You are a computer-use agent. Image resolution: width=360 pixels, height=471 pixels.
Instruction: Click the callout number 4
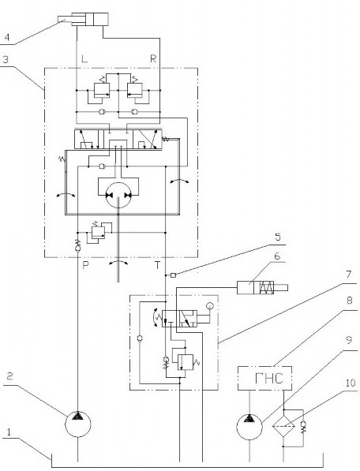tap(7, 37)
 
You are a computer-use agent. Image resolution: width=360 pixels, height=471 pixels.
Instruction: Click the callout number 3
tap(6, 59)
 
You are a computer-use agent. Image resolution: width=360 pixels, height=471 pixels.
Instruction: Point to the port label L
tap(84, 58)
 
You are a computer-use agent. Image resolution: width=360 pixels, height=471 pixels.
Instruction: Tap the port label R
tap(153, 58)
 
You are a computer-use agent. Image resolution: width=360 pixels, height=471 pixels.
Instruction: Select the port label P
tap(85, 265)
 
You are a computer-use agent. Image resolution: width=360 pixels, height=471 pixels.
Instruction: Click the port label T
tap(157, 265)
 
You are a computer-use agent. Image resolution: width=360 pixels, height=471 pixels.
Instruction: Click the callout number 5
tap(278, 237)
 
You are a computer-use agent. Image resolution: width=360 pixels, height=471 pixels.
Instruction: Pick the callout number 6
tap(277, 256)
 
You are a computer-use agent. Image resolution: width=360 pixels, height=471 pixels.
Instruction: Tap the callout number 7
tap(348, 275)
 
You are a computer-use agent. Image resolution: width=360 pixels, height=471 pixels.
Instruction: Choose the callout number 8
tap(349, 301)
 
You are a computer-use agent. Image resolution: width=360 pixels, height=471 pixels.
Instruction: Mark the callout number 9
tap(349, 340)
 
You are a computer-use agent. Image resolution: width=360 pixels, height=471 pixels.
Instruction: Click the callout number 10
tap(350, 383)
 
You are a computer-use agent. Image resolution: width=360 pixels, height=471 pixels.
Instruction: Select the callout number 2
tap(10, 376)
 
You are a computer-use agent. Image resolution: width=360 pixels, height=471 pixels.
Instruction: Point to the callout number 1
tap(9, 432)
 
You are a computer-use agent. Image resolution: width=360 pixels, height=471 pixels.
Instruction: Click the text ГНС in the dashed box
tap(269, 378)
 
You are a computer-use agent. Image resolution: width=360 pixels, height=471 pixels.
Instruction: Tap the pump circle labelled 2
tap(78, 424)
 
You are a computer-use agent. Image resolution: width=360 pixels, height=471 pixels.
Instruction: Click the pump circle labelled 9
tap(249, 427)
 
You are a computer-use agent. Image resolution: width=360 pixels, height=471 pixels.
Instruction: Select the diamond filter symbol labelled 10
tap(283, 426)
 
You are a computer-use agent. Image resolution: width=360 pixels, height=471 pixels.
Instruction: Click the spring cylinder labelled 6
tap(262, 287)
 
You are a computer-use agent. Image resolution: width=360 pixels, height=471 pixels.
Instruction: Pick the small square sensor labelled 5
tap(173, 275)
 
